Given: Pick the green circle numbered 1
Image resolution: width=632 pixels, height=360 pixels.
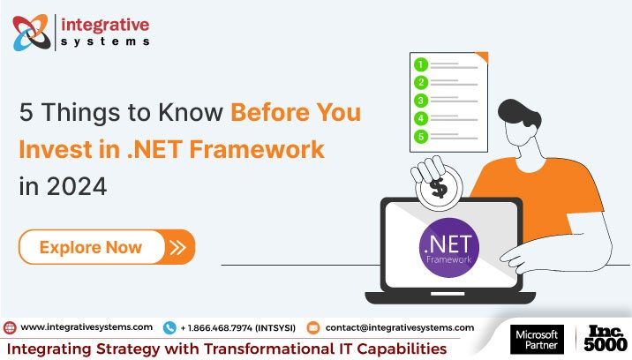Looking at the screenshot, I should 422,64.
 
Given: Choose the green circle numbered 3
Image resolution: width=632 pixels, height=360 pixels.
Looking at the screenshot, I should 422,100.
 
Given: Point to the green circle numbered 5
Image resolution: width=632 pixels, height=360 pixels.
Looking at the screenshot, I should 422,136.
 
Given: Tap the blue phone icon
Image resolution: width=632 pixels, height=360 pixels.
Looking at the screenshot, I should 169,327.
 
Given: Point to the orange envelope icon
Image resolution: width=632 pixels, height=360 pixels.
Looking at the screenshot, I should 312,327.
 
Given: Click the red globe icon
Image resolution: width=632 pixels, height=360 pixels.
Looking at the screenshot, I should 10,327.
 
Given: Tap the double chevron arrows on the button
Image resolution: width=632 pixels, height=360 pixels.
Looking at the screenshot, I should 178,247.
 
